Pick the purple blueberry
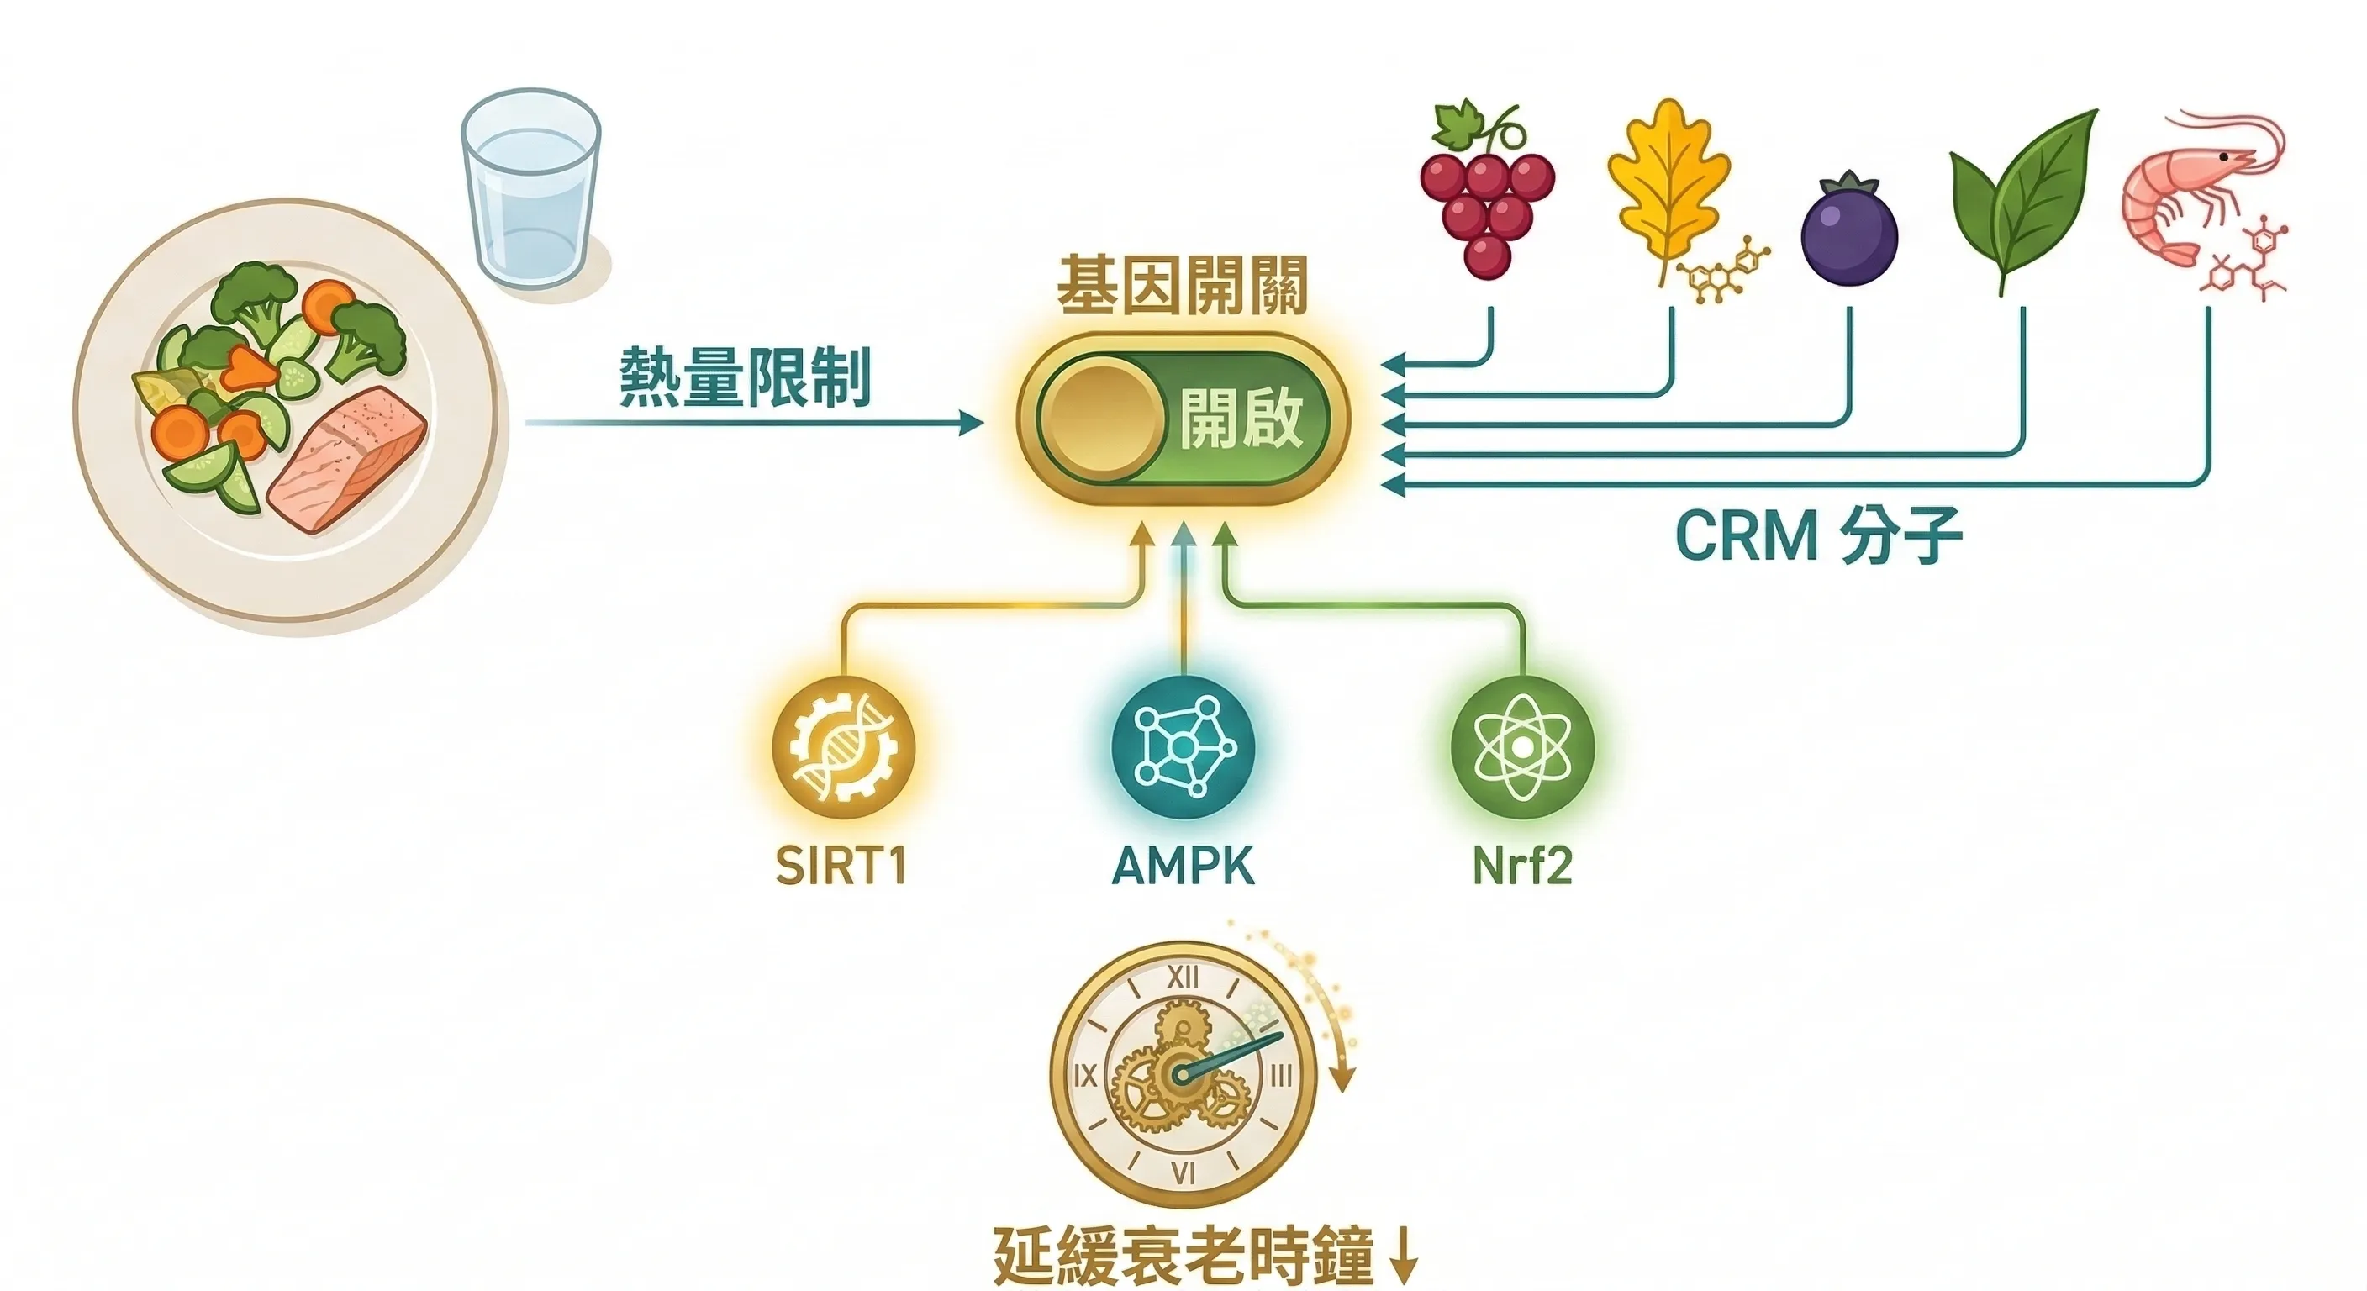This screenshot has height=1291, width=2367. [1848, 229]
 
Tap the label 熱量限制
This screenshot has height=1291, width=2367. [744, 377]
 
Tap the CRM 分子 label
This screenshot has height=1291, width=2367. [1819, 535]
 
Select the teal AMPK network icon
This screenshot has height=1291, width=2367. [1183, 749]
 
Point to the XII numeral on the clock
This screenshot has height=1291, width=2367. [1183, 977]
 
